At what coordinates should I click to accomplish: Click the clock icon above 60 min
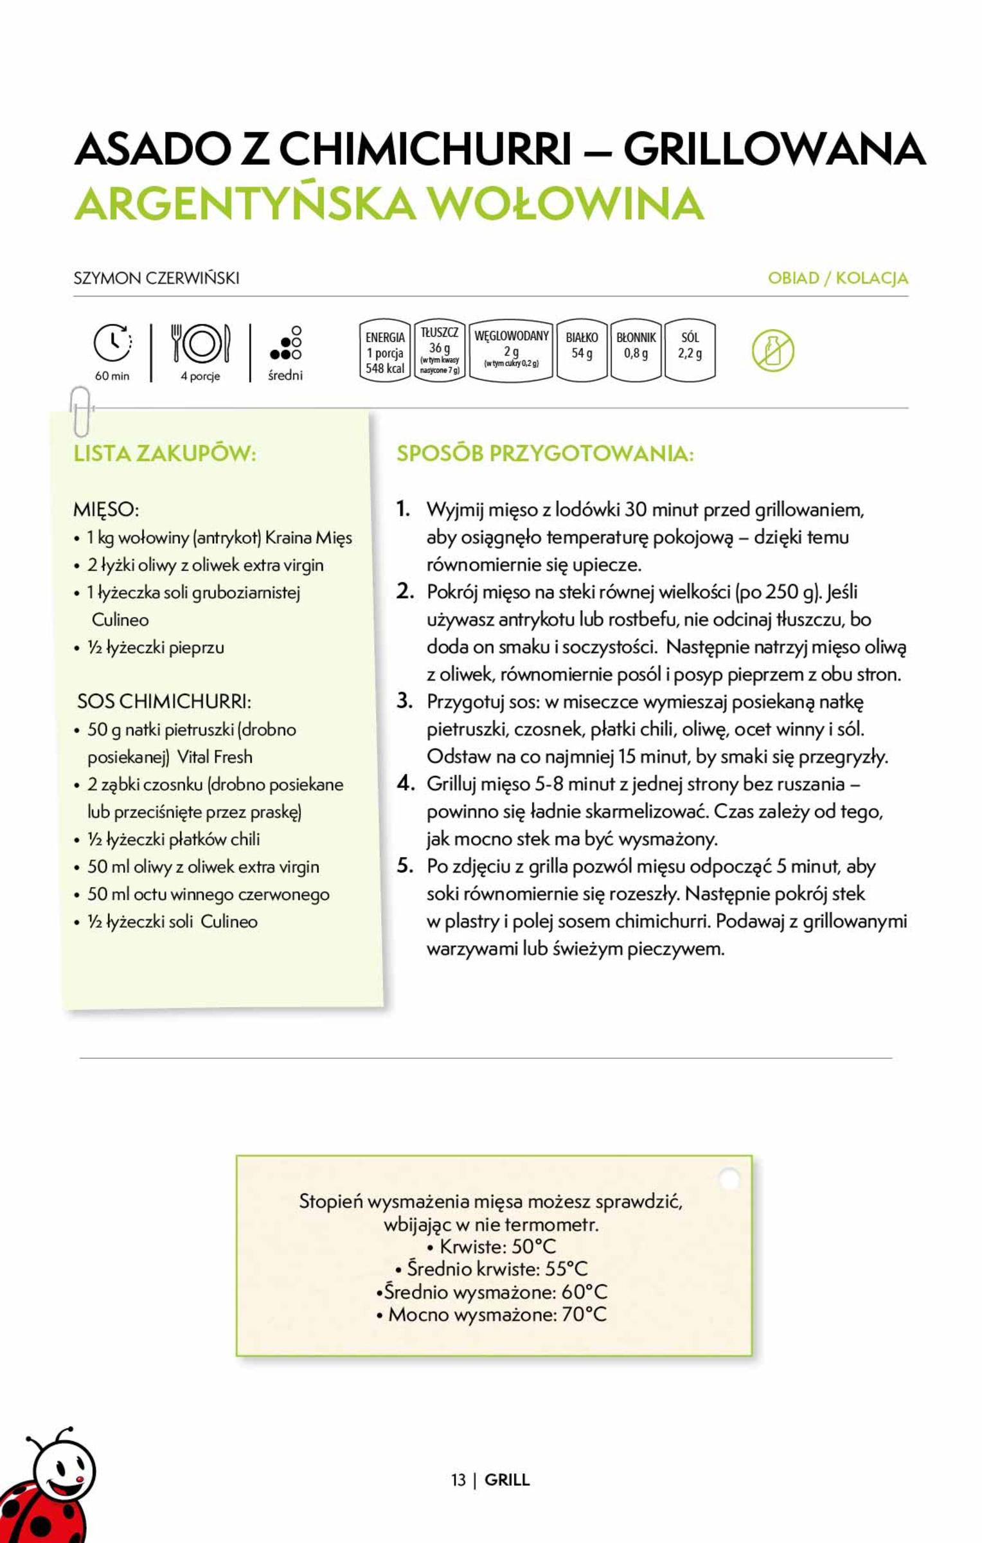pos(112,343)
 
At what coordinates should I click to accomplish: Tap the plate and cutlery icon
pos(201,343)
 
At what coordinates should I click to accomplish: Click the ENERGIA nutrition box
pos(385,352)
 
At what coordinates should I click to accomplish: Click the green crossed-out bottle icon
pos(773,351)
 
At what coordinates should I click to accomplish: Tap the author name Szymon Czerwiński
pos(156,278)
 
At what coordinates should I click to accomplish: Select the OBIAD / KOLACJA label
pos(837,278)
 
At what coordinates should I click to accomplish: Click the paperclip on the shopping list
pos(80,411)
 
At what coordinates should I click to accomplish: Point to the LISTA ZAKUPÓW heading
pos(165,453)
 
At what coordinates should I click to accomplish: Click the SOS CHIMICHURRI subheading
pos(164,701)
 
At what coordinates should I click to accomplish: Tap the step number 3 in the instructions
pos(404,701)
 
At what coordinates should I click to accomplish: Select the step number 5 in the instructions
pos(405,865)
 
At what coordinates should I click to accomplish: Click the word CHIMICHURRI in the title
pos(425,149)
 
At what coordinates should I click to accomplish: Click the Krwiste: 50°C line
pos(492,1247)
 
